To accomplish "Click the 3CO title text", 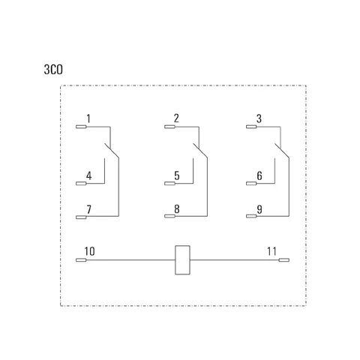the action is pyautogui.click(x=53, y=70).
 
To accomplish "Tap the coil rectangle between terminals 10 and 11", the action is pyautogui.click(x=182, y=260).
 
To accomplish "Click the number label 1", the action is pyautogui.click(x=88, y=118).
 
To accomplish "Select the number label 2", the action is pyautogui.click(x=176, y=118).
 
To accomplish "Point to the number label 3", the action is pyautogui.click(x=259, y=118).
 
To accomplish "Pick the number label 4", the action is pyautogui.click(x=89, y=175).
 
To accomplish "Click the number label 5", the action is pyautogui.click(x=177, y=175).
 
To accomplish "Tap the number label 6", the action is pyautogui.click(x=259, y=175).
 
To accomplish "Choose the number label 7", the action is pyautogui.click(x=88, y=209).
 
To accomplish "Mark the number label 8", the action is pyautogui.click(x=177, y=209).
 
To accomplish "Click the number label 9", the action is pyautogui.click(x=259, y=209).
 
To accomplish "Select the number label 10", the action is pyautogui.click(x=89, y=251).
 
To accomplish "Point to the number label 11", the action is pyautogui.click(x=271, y=251).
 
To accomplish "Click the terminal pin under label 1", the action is pyautogui.click(x=81, y=127).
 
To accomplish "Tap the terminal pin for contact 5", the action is pyautogui.click(x=169, y=184).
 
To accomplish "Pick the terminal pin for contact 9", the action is pyautogui.click(x=251, y=216).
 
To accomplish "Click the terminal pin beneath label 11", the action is pyautogui.click(x=284, y=260).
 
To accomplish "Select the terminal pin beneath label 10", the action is pyautogui.click(x=81, y=260).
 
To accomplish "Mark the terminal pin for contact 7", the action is pyautogui.click(x=81, y=217).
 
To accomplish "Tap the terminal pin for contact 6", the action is pyautogui.click(x=251, y=184).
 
